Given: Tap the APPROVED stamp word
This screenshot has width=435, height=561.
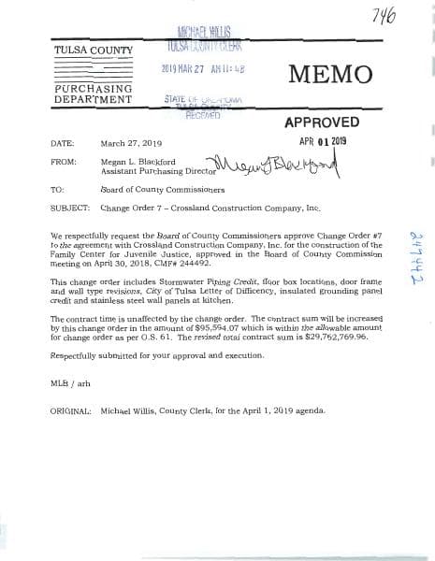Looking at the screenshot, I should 321,122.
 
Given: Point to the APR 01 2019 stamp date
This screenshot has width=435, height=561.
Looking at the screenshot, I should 323,141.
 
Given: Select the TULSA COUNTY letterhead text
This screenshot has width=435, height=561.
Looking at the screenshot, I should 94,50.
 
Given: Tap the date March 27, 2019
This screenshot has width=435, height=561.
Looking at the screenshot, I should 131,144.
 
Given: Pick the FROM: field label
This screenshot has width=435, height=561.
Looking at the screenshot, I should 64,161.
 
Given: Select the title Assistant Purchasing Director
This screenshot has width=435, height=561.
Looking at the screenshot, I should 149,170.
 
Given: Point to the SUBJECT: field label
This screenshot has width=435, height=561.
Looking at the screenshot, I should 70,207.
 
